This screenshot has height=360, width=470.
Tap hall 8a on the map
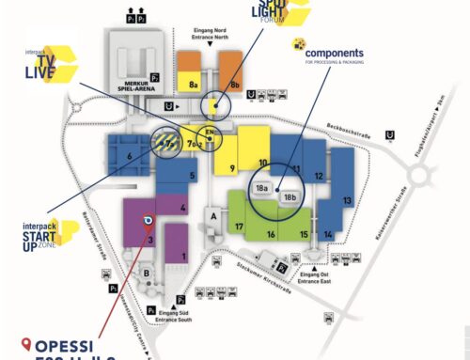(x=194, y=84)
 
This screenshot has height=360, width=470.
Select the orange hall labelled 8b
(x=235, y=84)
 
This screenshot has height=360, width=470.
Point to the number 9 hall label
(x=231, y=169)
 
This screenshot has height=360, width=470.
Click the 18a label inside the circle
(x=262, y=188)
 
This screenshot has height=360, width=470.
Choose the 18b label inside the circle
(x=290, y=197)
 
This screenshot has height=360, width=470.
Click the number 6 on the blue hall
(x=129, y=156)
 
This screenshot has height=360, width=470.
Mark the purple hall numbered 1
(x=184, y=256)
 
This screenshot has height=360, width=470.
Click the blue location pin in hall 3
(x=147, y=222)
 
